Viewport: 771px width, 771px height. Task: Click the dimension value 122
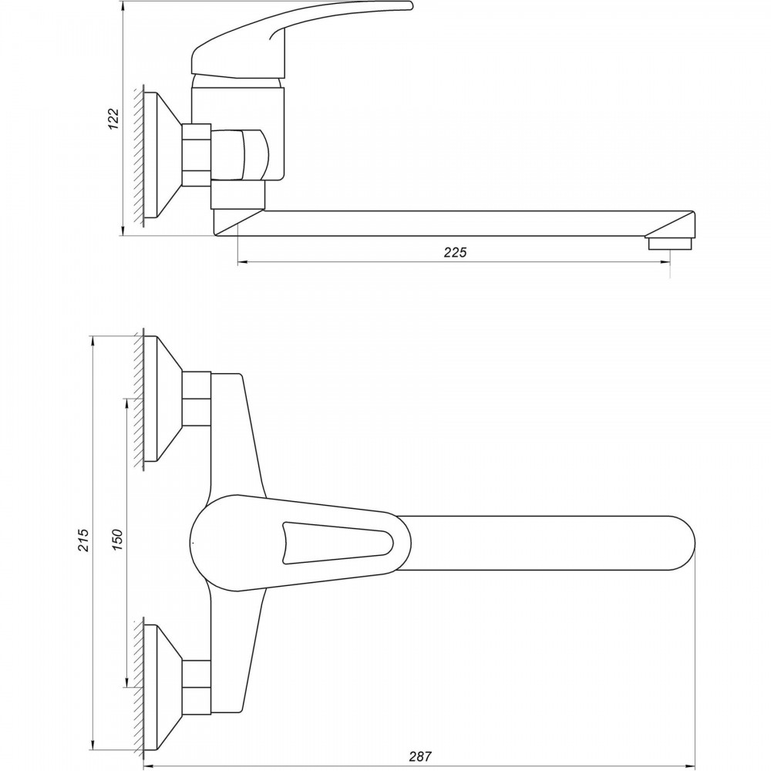point(113,119)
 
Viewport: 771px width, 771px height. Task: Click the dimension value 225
point(455,252)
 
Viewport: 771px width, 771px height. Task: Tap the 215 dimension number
point(83,540)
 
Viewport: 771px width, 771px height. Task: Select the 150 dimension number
point(118,540)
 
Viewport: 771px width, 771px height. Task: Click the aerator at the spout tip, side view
point(672,243)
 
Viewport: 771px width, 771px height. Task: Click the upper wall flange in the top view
point(163,399)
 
